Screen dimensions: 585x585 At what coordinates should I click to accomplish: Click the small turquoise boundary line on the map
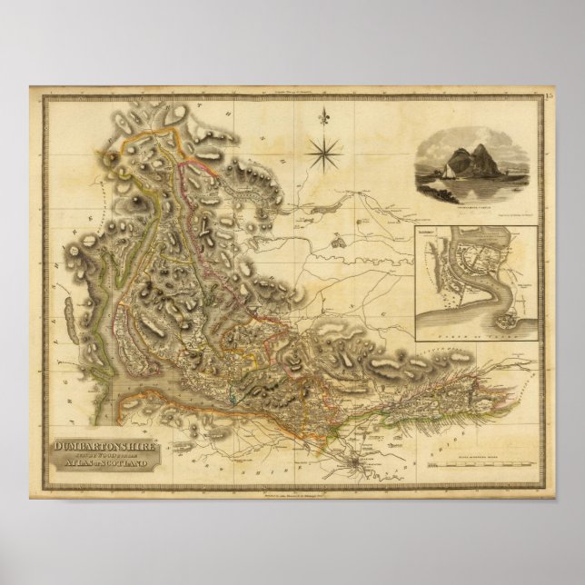tap(233, 396)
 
